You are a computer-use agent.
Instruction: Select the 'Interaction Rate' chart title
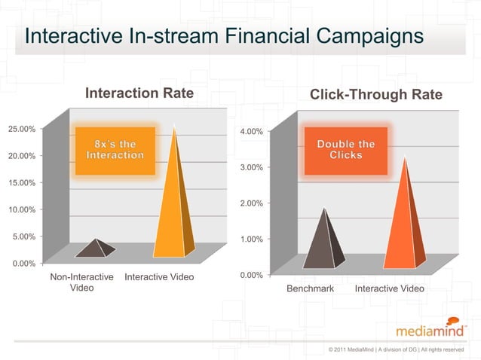[139, 93]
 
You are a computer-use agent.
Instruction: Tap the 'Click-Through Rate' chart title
[376, 95]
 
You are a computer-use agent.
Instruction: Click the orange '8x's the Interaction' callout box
[115, 149]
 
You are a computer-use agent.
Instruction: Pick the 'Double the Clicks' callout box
[345, 149]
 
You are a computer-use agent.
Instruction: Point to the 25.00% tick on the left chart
[22, 129]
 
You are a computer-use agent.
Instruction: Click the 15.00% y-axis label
[22, 182]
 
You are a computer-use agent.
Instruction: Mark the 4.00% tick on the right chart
[250, 132]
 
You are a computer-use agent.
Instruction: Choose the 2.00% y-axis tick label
[250, 203]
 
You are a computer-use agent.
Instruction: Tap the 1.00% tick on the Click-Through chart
[250, 239]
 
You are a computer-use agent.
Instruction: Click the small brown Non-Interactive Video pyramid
[94, 249]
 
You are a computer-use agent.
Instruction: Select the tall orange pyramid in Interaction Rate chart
[174, 203]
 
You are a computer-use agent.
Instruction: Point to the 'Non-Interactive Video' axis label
[81, 282]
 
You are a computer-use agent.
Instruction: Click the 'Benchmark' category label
[309, 289]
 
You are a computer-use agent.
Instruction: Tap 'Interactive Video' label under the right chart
[389, 289]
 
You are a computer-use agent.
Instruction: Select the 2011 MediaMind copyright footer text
[396, 350]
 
